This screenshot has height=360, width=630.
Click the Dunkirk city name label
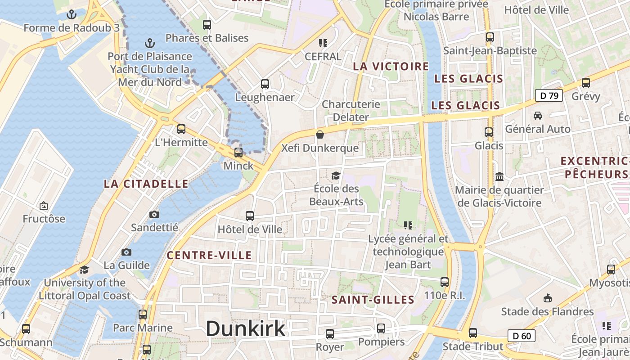pyautogui.click(x=245, y=329)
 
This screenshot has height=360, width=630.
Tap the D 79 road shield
pyautogui.click(x=549, y=95)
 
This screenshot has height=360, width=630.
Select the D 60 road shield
pyautogui.click(x=522, y=336)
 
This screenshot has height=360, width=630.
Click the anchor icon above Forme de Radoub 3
pyautogui.click(x=71, y=14)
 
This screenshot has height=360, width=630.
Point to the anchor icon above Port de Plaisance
pyautogui.click(x=150, y=43)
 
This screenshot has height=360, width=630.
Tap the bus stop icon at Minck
pyautogui.click(x=238, y=152)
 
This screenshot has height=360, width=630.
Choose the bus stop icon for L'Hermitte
pyautogui.click(x=181, y=129)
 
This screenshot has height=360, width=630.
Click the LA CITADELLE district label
pyautogui.click(x=146, y=184)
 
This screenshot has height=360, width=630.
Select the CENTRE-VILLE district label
pyautogui.click(x=209, y=256)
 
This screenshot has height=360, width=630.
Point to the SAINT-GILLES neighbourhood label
pyautogui.click(x=373, y=300)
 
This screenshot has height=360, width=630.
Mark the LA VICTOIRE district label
pyautogui.click(x=391, y=67)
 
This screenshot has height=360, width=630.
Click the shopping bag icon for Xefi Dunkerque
pyautogui.click(x=320, y=135)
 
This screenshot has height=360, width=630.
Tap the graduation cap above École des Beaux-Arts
pyautogui.click(x=336, y=175)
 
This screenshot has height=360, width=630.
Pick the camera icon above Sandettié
pyautogui.click(x=154, y=214)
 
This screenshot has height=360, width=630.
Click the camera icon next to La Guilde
pyautogui.click(x=126, y=252)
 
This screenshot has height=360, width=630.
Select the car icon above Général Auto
pyautogui.click(x=537, y=116)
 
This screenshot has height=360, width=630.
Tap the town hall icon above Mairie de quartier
pyautogui.click(x=499, y=176)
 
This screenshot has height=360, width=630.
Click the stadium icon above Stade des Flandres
pyautogui.click(x=548, y=298)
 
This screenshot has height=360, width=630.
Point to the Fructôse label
pyautogui.click(x=44, y=219)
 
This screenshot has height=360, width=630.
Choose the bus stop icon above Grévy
pyautogui.click(x=585, y=83)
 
